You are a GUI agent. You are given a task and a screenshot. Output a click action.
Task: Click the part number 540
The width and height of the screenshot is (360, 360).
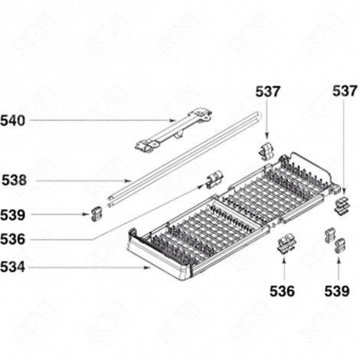click(x=14, y=120)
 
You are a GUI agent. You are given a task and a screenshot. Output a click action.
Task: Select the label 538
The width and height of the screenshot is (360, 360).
click(x=14, y=182)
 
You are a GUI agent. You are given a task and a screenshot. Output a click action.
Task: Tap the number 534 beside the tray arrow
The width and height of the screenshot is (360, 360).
click(x=14, y=267)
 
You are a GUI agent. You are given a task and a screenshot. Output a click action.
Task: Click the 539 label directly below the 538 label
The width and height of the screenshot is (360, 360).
click(x=14, y=215)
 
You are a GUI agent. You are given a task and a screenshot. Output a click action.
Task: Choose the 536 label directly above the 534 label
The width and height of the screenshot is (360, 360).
click(x=14, y=240)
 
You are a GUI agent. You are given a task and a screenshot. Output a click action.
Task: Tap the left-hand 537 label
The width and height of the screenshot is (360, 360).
click(x=267, y=92)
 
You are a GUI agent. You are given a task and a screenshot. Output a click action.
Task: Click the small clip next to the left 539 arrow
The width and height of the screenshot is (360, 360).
click(x=96, y=214)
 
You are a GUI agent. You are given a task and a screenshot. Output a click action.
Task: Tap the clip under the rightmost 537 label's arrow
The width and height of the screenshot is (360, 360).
click(x=341, y=202)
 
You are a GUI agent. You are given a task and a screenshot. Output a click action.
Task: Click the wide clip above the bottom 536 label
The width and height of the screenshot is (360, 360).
click(x=286, y=244)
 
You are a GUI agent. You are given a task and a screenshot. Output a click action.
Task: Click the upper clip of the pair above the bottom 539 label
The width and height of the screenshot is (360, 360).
click(x=330, y=234)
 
